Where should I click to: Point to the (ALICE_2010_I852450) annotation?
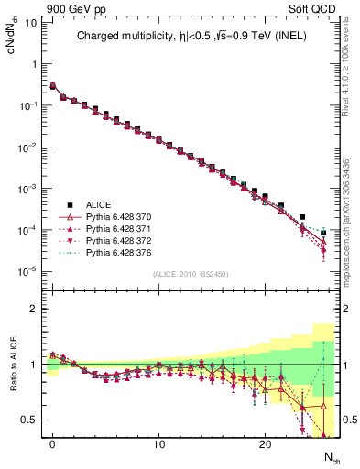191,274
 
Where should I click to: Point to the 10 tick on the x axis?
158,443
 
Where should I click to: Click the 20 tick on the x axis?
265,443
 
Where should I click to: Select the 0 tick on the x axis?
53,443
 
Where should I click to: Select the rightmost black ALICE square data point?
323,234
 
